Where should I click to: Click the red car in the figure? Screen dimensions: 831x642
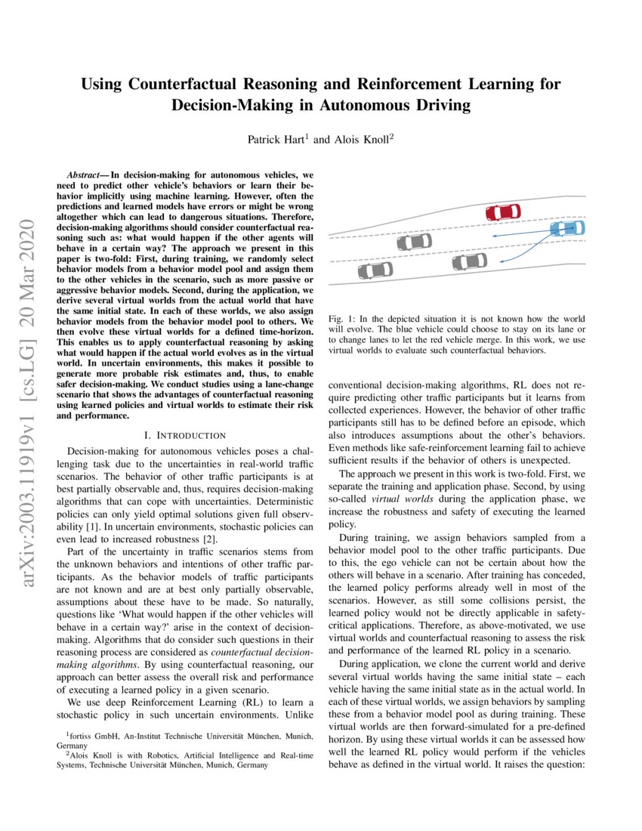(x=504, y=213)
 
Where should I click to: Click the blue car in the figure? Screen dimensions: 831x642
(x=566, y=227)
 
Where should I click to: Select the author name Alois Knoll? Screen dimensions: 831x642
(x=360, y=140)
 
